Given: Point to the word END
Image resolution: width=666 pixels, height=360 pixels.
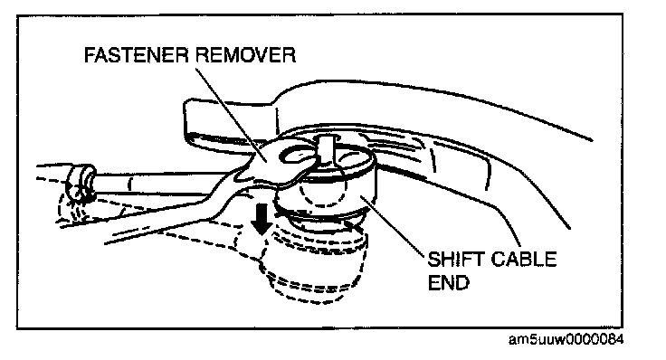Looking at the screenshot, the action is coord(449,283).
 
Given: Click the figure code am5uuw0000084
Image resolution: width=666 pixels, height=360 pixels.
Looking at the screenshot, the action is coord(566,339).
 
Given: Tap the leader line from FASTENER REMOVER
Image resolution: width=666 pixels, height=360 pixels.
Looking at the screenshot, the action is coord(231,115).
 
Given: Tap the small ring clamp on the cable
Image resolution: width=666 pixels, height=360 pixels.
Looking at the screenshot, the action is coord(80,183).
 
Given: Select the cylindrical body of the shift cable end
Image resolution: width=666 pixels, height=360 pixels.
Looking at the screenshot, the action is coord(326,187).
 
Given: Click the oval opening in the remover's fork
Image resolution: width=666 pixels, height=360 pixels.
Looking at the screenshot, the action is coord(296,156).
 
